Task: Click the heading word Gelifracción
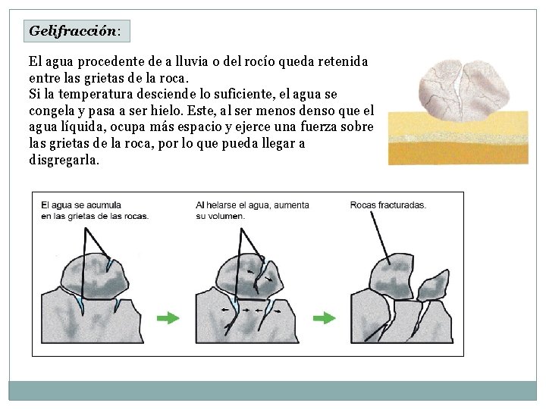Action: point(72,32)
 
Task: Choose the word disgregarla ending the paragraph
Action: point(64,161)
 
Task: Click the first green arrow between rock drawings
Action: point(168,318)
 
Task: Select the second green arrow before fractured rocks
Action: point(325,318)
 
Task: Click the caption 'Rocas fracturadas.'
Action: point(388,205)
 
